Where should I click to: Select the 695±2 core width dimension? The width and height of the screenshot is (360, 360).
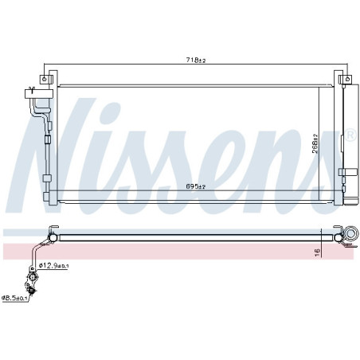(x=196, y=187)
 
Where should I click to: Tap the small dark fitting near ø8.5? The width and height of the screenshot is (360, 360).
(x=30, y=291)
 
